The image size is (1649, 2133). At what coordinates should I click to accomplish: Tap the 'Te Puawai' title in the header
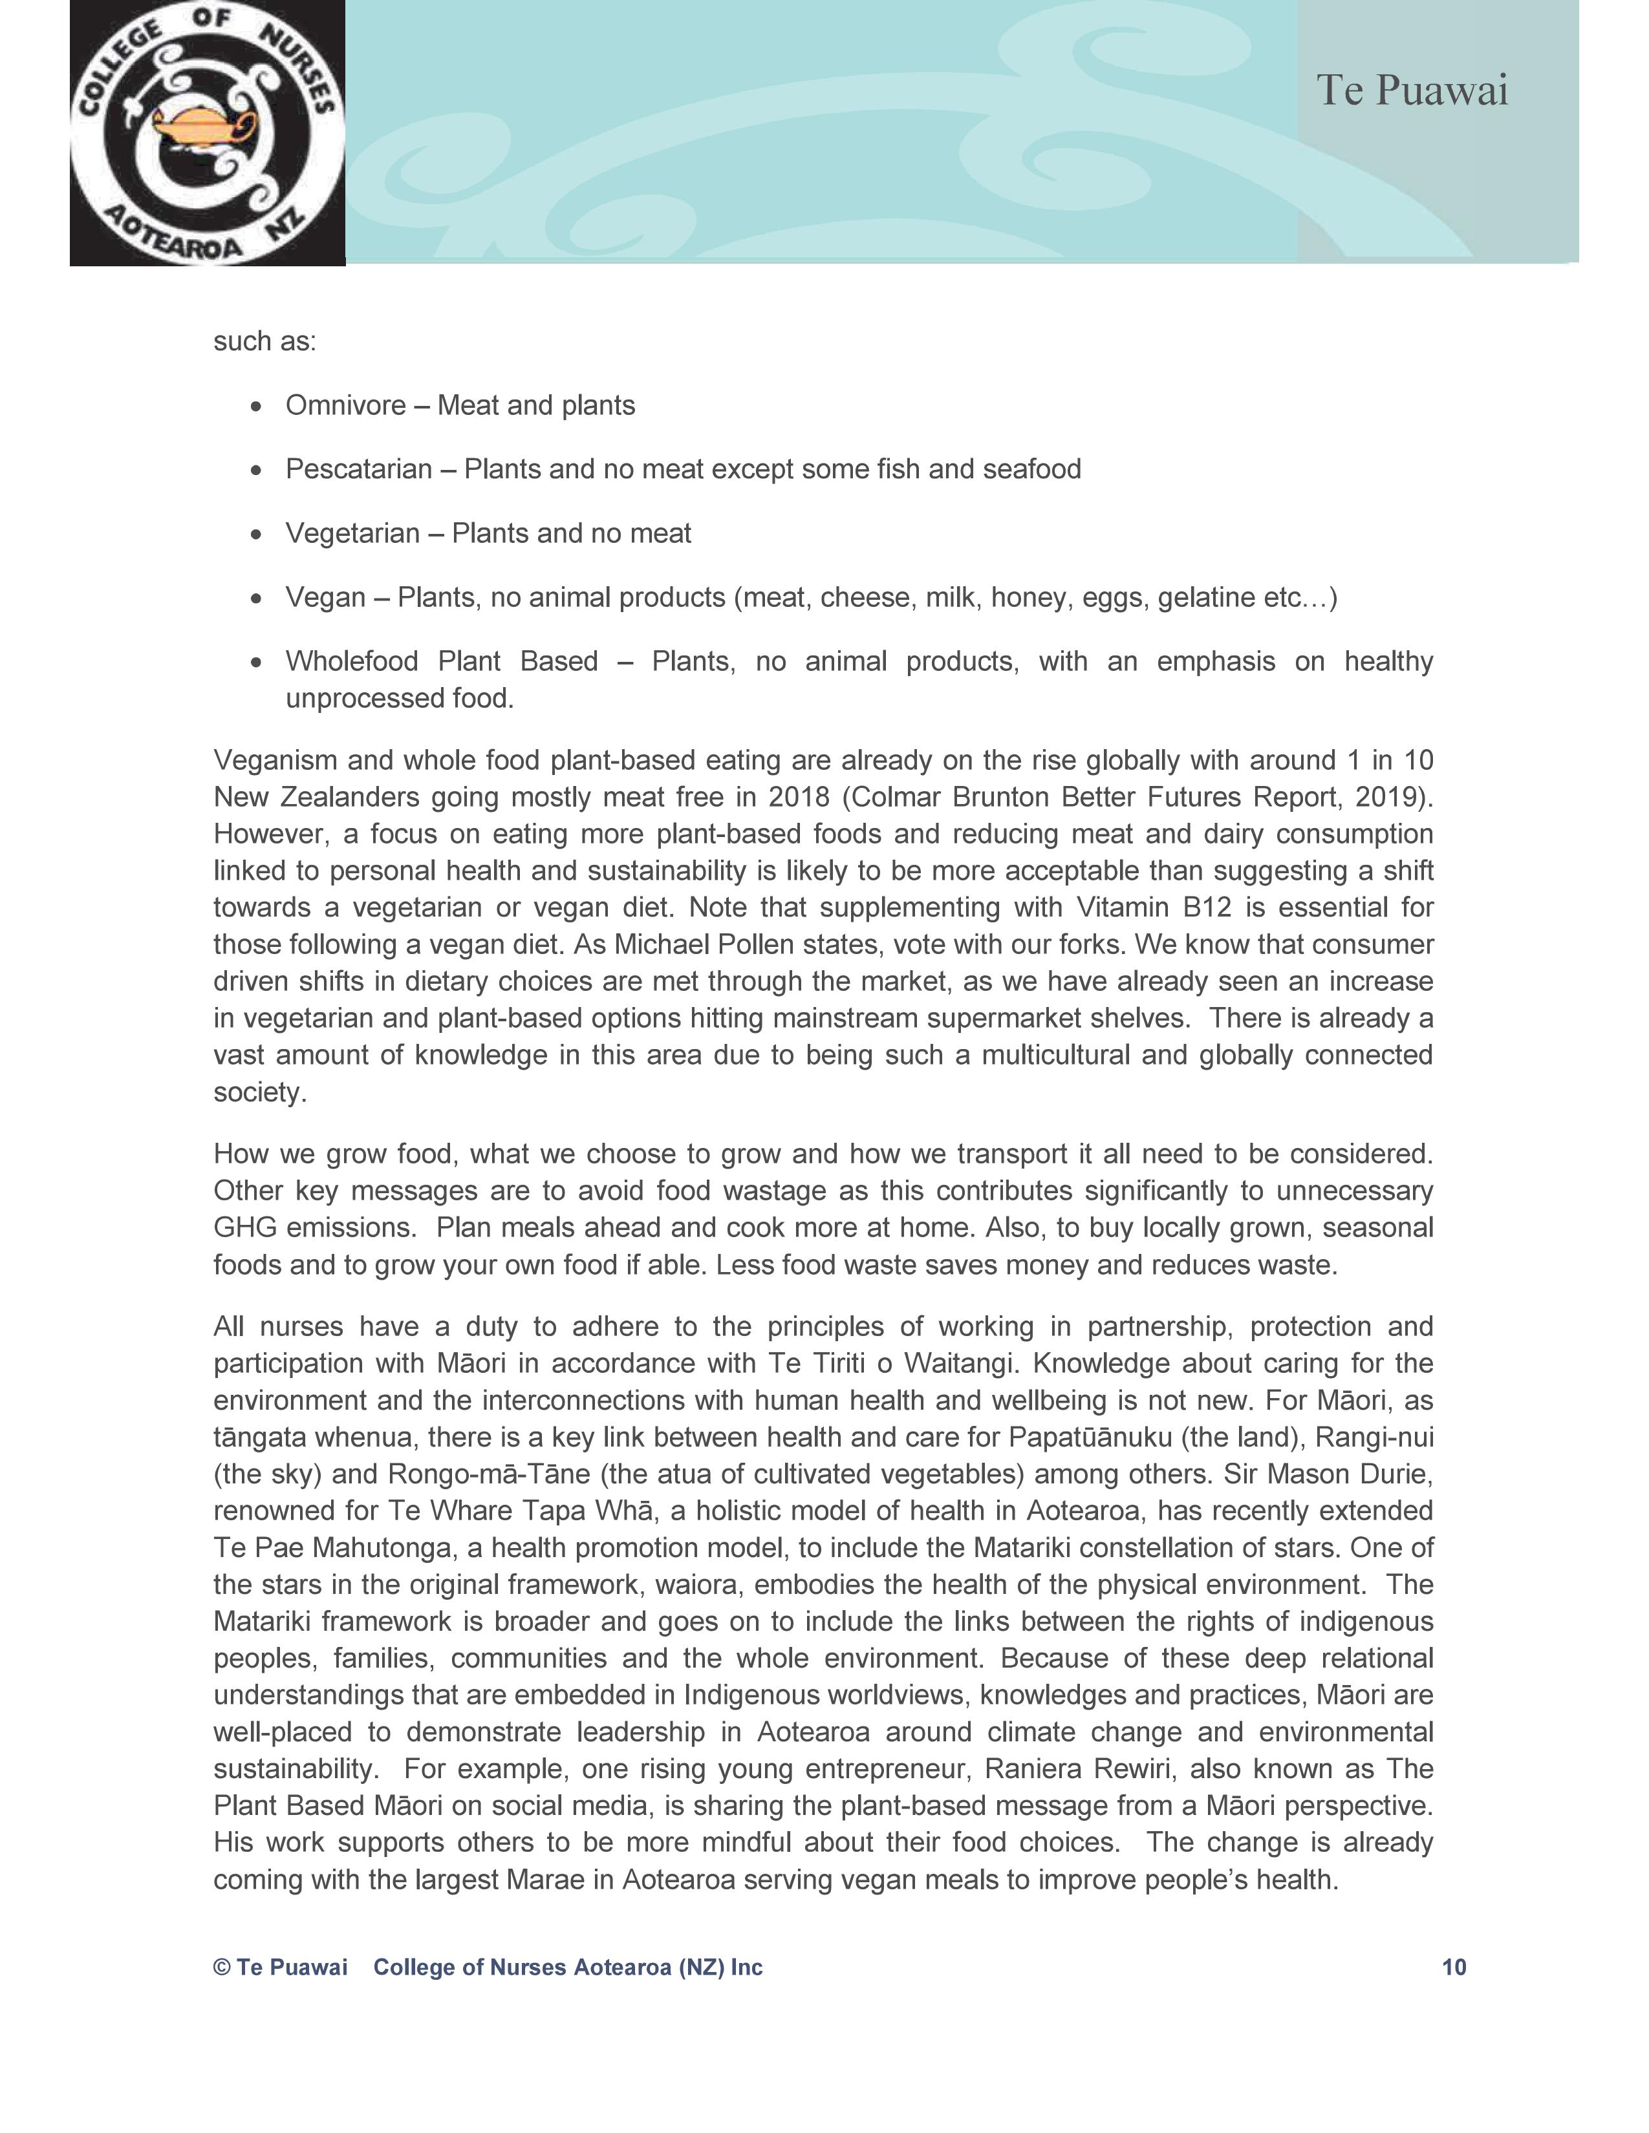[x=1412, y=91]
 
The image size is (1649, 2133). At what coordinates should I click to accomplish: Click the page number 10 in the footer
[x=1454, y=1967]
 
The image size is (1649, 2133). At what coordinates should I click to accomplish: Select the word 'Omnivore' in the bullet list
[x=345, y=405]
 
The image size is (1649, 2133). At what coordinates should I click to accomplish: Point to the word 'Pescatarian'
[x=358, y=470]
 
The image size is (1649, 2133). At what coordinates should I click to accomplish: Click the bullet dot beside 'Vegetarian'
[x=257, y=535]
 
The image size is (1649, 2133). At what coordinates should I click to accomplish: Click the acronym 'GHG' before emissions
[x=245, y=1227]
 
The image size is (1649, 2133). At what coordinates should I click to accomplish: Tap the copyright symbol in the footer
[x=222, y=1967]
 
